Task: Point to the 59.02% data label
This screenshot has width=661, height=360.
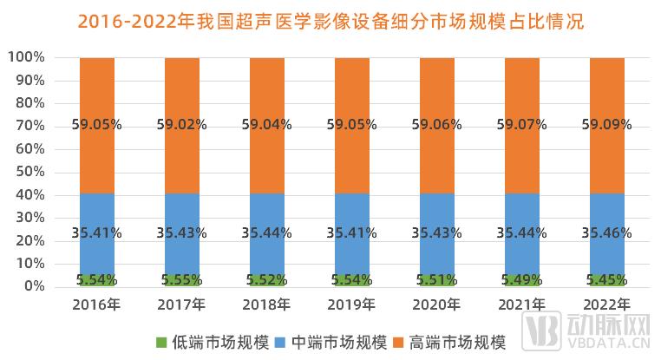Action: [181, 124]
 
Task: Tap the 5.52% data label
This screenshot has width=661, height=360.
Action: [266, 279]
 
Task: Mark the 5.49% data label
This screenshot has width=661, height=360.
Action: [521, 279]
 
